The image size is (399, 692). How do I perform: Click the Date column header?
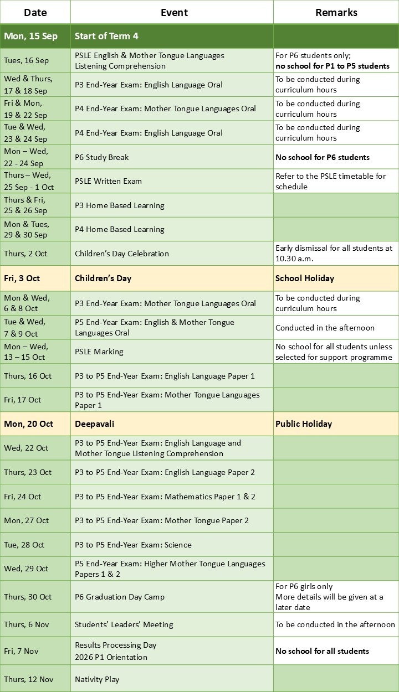coord(35,12)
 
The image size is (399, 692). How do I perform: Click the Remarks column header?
coord(336,12)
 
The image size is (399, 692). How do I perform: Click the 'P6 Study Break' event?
coord(101,157)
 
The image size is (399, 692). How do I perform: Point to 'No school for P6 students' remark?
coord(322,157)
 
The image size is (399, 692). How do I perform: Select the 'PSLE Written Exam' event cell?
coord(108,181)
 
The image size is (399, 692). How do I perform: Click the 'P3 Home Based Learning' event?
coord(119,205)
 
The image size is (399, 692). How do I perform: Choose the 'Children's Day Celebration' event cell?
coord(121,254)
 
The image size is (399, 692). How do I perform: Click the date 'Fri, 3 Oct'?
coord(22,278)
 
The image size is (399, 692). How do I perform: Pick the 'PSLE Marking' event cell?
coord(99,352)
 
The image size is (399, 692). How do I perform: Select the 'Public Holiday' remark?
coord(304,424)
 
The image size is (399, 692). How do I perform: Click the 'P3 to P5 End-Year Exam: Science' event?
coord(133,545)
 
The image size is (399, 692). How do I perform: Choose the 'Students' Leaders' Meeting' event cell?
coord(124,624)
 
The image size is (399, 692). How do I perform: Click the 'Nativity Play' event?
coord(97,679)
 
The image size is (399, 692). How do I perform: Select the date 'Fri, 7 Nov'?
coord(23,651)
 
